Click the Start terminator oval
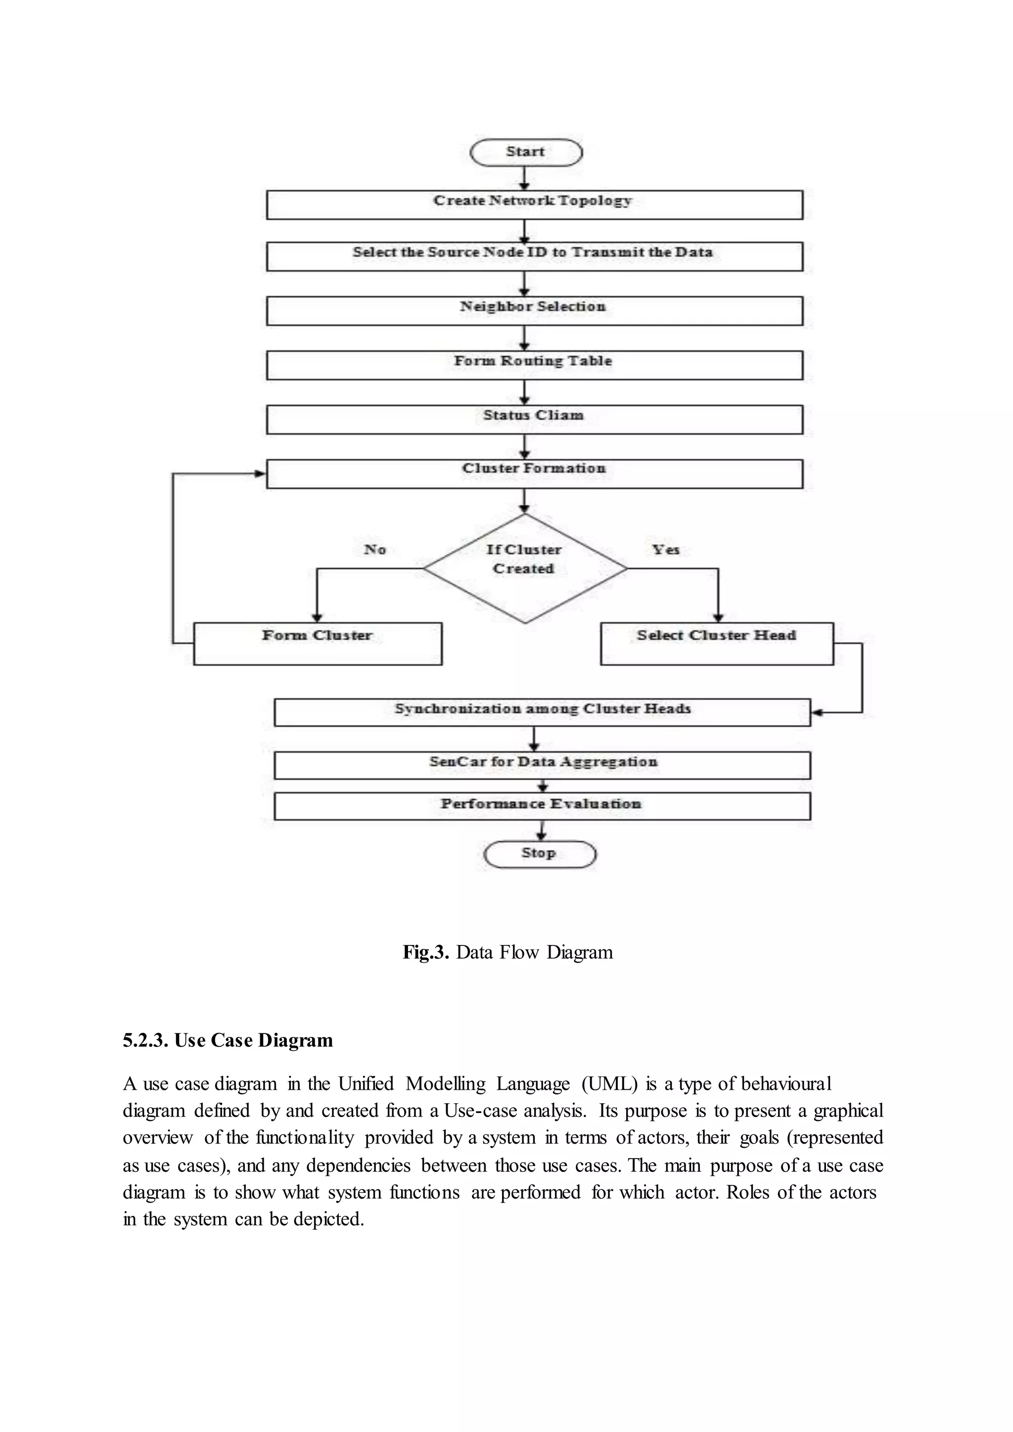[525, 152]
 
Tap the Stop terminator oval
[540, 854]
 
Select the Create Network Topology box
[534, 205]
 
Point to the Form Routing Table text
[533, 360]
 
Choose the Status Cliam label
[533, 415]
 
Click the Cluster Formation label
[534, 468]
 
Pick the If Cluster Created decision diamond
[525, 568]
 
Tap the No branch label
[375, 549]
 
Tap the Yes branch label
[666, 549]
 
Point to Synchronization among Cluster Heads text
[542, 709]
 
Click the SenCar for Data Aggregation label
[543, 761]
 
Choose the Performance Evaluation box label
[541, 804]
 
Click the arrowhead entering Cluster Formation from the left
[261, 474]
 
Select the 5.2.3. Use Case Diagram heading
[228, 1040]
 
